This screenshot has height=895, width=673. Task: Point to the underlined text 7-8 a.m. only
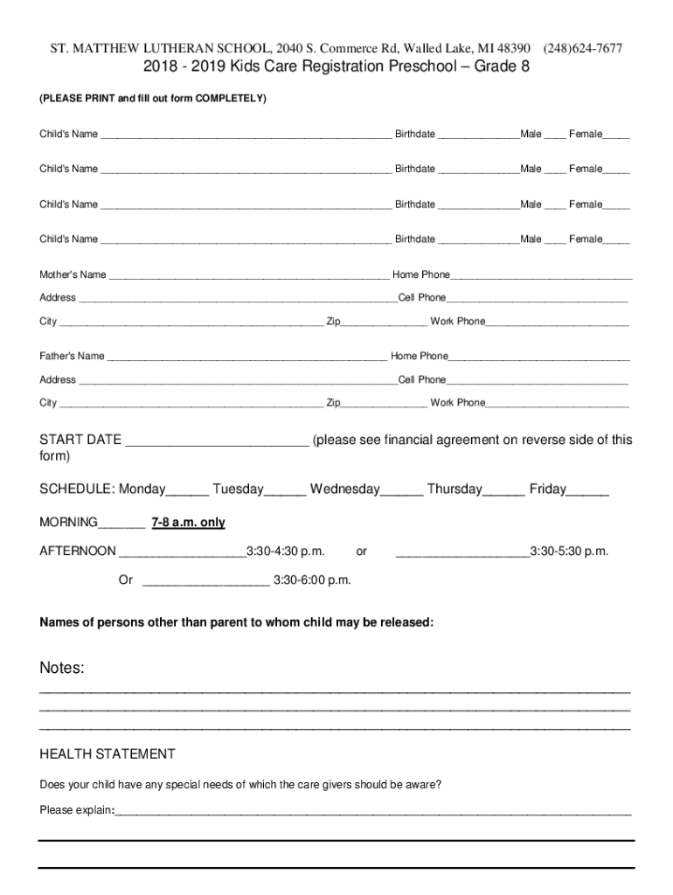click(188, 523)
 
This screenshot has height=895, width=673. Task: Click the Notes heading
click(62, 669)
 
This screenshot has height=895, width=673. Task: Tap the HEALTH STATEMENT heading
click(108, 754)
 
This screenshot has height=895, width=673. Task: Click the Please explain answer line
click(372, 813)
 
